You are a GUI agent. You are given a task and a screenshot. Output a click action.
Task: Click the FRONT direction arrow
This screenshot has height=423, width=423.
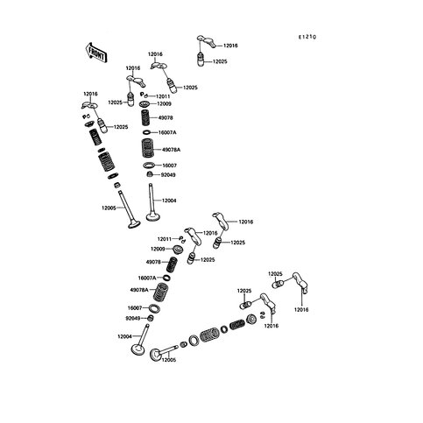[x=96, y=53]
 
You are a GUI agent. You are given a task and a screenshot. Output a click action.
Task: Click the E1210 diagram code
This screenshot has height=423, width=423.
[x=307, y=37]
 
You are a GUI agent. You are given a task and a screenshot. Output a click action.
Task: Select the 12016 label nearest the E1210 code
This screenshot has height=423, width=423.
[x=230, y=46]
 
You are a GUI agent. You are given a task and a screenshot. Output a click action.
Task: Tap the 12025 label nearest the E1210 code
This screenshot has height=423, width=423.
[x=220, y=61]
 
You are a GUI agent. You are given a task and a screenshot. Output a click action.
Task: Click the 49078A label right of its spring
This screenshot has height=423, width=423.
[x=172, y=150]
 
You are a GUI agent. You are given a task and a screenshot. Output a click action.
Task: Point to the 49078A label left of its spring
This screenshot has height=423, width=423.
[x=139, y=290]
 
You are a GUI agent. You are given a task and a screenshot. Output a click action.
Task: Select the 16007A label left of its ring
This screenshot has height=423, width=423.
[x=147, y=278]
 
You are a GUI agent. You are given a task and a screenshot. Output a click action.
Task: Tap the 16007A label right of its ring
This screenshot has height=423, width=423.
[x=167, y=132]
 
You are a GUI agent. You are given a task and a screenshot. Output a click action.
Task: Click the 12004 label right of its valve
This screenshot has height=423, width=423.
[x=169, y=201]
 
